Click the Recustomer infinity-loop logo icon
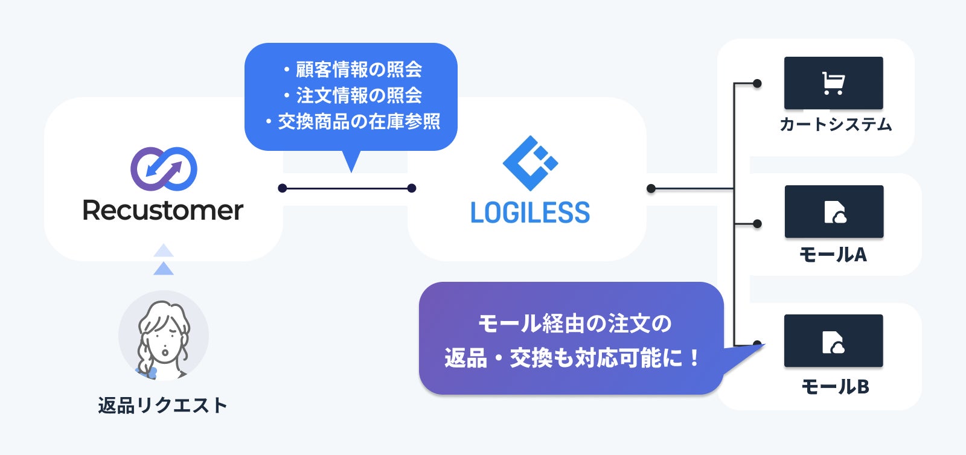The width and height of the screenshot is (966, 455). click(164, 168)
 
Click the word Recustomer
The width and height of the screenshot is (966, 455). click(163, 211)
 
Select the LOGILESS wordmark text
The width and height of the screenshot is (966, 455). click(530, 212)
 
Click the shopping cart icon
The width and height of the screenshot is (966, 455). click(833, 83)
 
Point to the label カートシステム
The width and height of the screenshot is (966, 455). click(835, 125)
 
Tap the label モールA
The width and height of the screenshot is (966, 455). click(833, 255)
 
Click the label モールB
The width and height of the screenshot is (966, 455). click(835, 386)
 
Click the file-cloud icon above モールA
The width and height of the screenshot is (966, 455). click(834, 212)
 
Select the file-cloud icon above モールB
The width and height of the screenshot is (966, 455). click(833, 342)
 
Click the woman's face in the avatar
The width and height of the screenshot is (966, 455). click(163, 338)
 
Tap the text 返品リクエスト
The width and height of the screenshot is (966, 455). click(163, 405)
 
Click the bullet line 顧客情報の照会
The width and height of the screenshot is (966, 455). click(353, 69)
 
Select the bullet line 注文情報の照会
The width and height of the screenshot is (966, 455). click(353, 95)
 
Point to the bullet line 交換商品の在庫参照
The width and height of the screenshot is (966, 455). click(353, 122)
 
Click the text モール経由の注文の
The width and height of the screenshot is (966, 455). click(574, 323)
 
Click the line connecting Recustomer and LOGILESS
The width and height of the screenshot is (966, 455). click(347, 188)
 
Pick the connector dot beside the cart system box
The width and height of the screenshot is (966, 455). click(757, 83)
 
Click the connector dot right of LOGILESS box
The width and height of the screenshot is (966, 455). click(651, 189)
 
